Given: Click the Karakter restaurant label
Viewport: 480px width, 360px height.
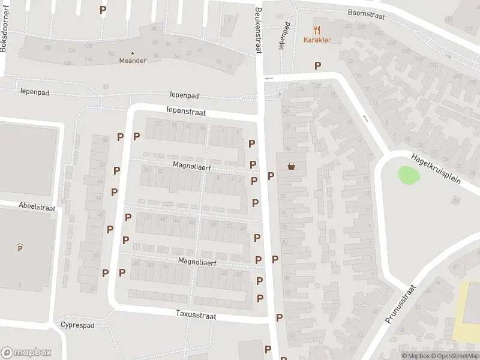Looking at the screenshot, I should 318,40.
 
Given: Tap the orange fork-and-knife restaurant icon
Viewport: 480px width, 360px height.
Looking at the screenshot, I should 318,29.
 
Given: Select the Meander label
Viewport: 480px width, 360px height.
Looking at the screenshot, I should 133,61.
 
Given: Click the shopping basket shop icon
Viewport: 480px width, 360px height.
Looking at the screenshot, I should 292,166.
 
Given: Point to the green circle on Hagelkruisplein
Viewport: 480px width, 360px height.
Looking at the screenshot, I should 409,175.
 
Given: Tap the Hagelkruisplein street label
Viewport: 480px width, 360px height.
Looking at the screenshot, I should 436,169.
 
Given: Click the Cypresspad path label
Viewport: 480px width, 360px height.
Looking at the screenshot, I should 77,325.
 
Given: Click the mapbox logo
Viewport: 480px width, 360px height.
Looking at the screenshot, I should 26,353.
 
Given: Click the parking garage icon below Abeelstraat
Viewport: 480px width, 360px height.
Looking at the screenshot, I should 20,247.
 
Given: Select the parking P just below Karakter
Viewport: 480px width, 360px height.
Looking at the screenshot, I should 317,65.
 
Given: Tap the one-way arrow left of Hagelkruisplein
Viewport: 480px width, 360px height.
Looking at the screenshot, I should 364,118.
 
